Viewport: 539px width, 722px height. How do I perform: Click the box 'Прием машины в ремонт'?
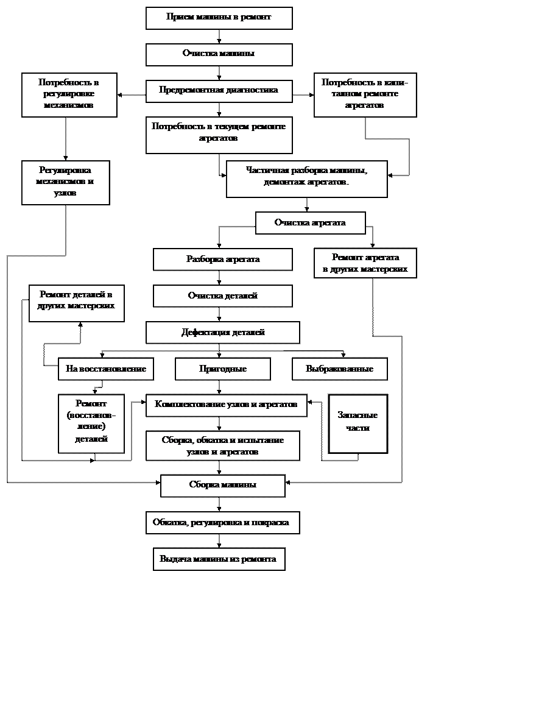click(219, 18)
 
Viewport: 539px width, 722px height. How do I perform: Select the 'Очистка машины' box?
click(219, 54)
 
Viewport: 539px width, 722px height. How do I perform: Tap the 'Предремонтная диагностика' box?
click(219, 91)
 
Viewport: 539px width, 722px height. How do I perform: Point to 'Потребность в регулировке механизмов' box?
click(69, 94)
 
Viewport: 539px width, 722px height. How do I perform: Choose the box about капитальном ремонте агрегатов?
click(365, 94)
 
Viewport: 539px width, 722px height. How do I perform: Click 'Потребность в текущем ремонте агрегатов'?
click(219, 135)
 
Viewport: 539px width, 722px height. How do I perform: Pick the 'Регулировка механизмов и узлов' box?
click(65, 182)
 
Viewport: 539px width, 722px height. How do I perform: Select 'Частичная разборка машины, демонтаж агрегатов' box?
click(306, 179)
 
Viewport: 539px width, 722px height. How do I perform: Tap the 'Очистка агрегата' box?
click(310, 222)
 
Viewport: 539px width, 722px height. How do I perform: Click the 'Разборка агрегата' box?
click(222, 259)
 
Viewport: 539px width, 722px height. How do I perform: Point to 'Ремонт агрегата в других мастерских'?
click(365, 263)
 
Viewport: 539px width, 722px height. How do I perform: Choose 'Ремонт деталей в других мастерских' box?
click(76, 303)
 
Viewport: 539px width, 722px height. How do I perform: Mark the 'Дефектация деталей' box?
click(222, 332)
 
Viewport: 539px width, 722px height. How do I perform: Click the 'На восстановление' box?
click(105, 369)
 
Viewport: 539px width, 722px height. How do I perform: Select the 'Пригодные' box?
click(222, 369)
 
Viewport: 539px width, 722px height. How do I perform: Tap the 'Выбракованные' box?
click(339, 369)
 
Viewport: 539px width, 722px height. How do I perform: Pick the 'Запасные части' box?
click(358, 423)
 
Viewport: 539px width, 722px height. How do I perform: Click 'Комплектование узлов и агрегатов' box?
click(226, 405)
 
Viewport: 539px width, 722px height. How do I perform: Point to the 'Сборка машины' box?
click(222, 486)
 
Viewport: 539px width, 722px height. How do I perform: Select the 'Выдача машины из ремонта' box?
click(219, 559)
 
